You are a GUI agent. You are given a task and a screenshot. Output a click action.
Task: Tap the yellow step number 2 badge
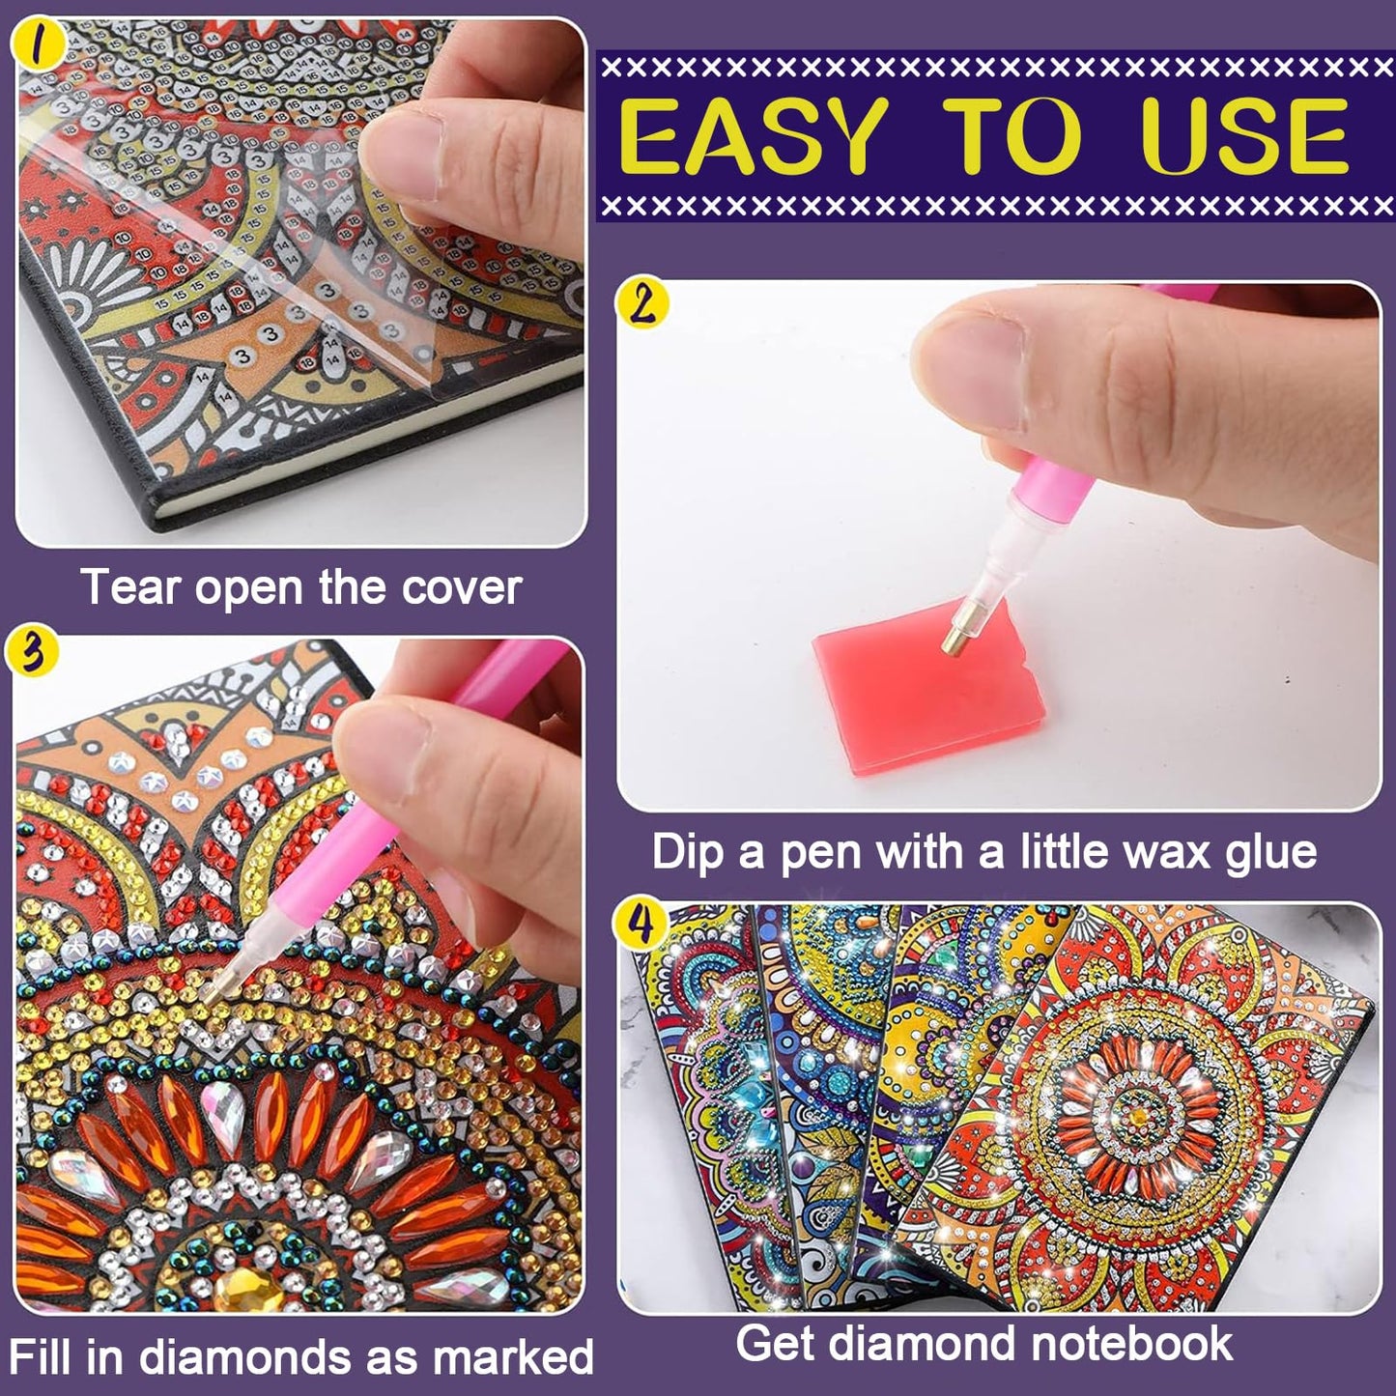(642, 305)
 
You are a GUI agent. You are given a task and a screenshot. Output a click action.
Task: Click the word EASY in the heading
(754, 136)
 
